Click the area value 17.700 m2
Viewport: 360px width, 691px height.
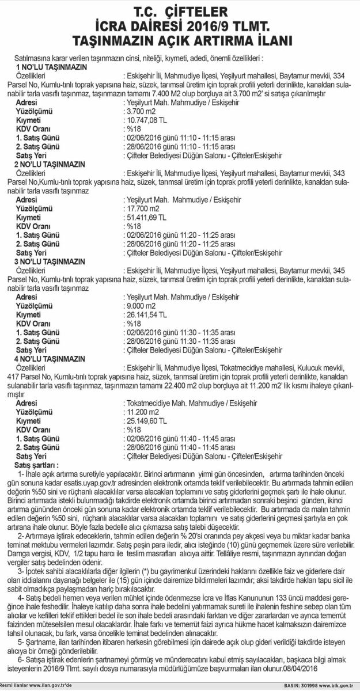coord(143,208)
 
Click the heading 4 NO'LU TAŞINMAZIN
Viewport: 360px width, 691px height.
coord(51,359)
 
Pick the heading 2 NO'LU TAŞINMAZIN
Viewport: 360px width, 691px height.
coord(51,164)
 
